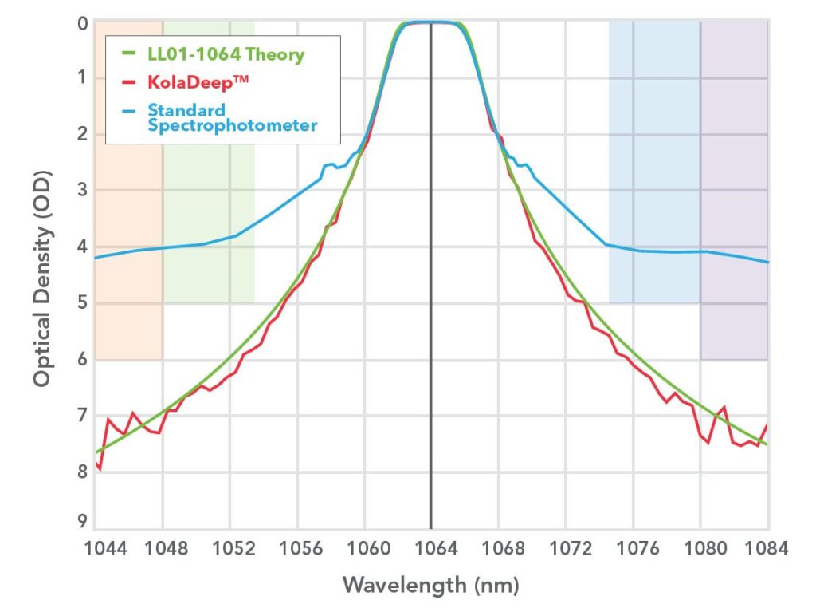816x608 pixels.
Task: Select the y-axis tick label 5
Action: coord(81,302)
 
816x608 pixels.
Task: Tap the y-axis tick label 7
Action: coord(81,415)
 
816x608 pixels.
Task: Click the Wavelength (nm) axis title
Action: coord(430,585)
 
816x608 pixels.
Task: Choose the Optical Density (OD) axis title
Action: coord(41,278)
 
